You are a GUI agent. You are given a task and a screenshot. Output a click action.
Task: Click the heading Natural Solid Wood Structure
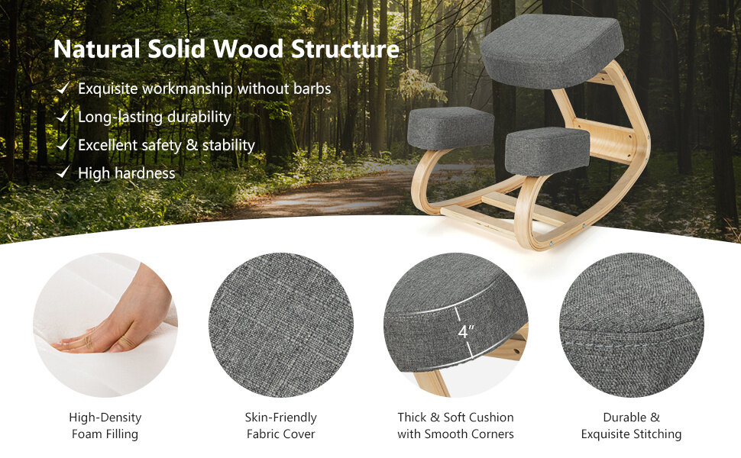[x=225, y=50]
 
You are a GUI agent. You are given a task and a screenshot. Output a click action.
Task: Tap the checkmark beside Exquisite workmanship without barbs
[x=63, y=89]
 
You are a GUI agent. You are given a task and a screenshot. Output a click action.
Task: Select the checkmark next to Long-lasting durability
[x=63, y=117]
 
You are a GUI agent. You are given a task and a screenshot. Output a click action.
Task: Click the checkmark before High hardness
[x=63, y=173]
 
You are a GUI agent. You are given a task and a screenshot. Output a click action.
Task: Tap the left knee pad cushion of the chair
[x=450, y=127]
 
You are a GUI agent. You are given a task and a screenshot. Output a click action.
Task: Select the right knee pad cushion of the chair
[x=547, y=149]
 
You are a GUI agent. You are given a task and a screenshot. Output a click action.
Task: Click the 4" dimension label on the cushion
[x=465, y=332]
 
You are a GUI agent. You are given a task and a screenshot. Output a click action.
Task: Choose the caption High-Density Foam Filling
[x=105, y=426]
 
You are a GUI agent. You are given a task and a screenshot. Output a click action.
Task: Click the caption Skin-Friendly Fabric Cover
[x=280, y=426]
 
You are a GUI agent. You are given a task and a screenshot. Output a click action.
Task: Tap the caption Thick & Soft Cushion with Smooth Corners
[x=455, y=426]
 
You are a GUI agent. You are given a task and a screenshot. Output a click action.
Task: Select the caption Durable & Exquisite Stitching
[x=631, y=426]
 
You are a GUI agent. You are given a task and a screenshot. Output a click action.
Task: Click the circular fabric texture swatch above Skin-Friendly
[x=280, y=325]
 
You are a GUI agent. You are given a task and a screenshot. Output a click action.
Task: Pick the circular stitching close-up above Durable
[x=631, y=325]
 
